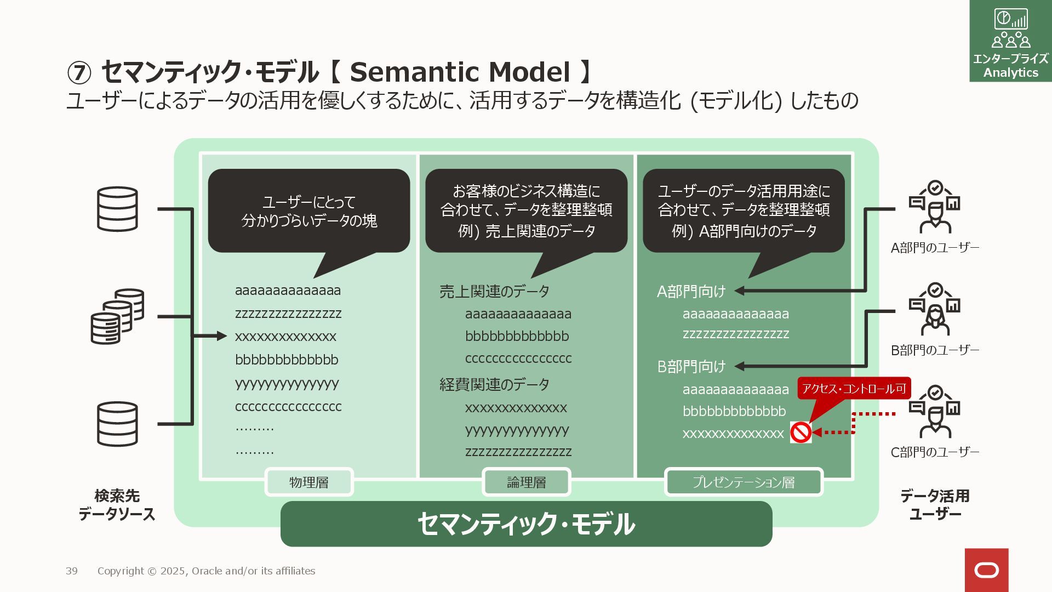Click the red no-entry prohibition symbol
[801, 432]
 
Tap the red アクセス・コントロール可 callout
[854, 389]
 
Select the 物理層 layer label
[309, 482]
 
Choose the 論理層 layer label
[526, 482]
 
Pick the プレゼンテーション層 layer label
[744, 482]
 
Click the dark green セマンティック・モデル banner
[526, 524]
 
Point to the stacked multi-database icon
[117, 316]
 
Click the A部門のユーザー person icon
[935, 207]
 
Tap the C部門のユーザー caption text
[935, 452]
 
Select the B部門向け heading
[691, 366]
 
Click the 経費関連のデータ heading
[494, 384]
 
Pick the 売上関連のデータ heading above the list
[494, 291]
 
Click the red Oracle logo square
[986, 570]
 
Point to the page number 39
[72, 571]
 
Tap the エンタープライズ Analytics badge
[1010, 41]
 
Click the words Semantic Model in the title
[460, 72]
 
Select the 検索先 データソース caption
[117, 505]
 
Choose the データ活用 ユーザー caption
[935, 505]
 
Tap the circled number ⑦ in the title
[79, 73]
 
